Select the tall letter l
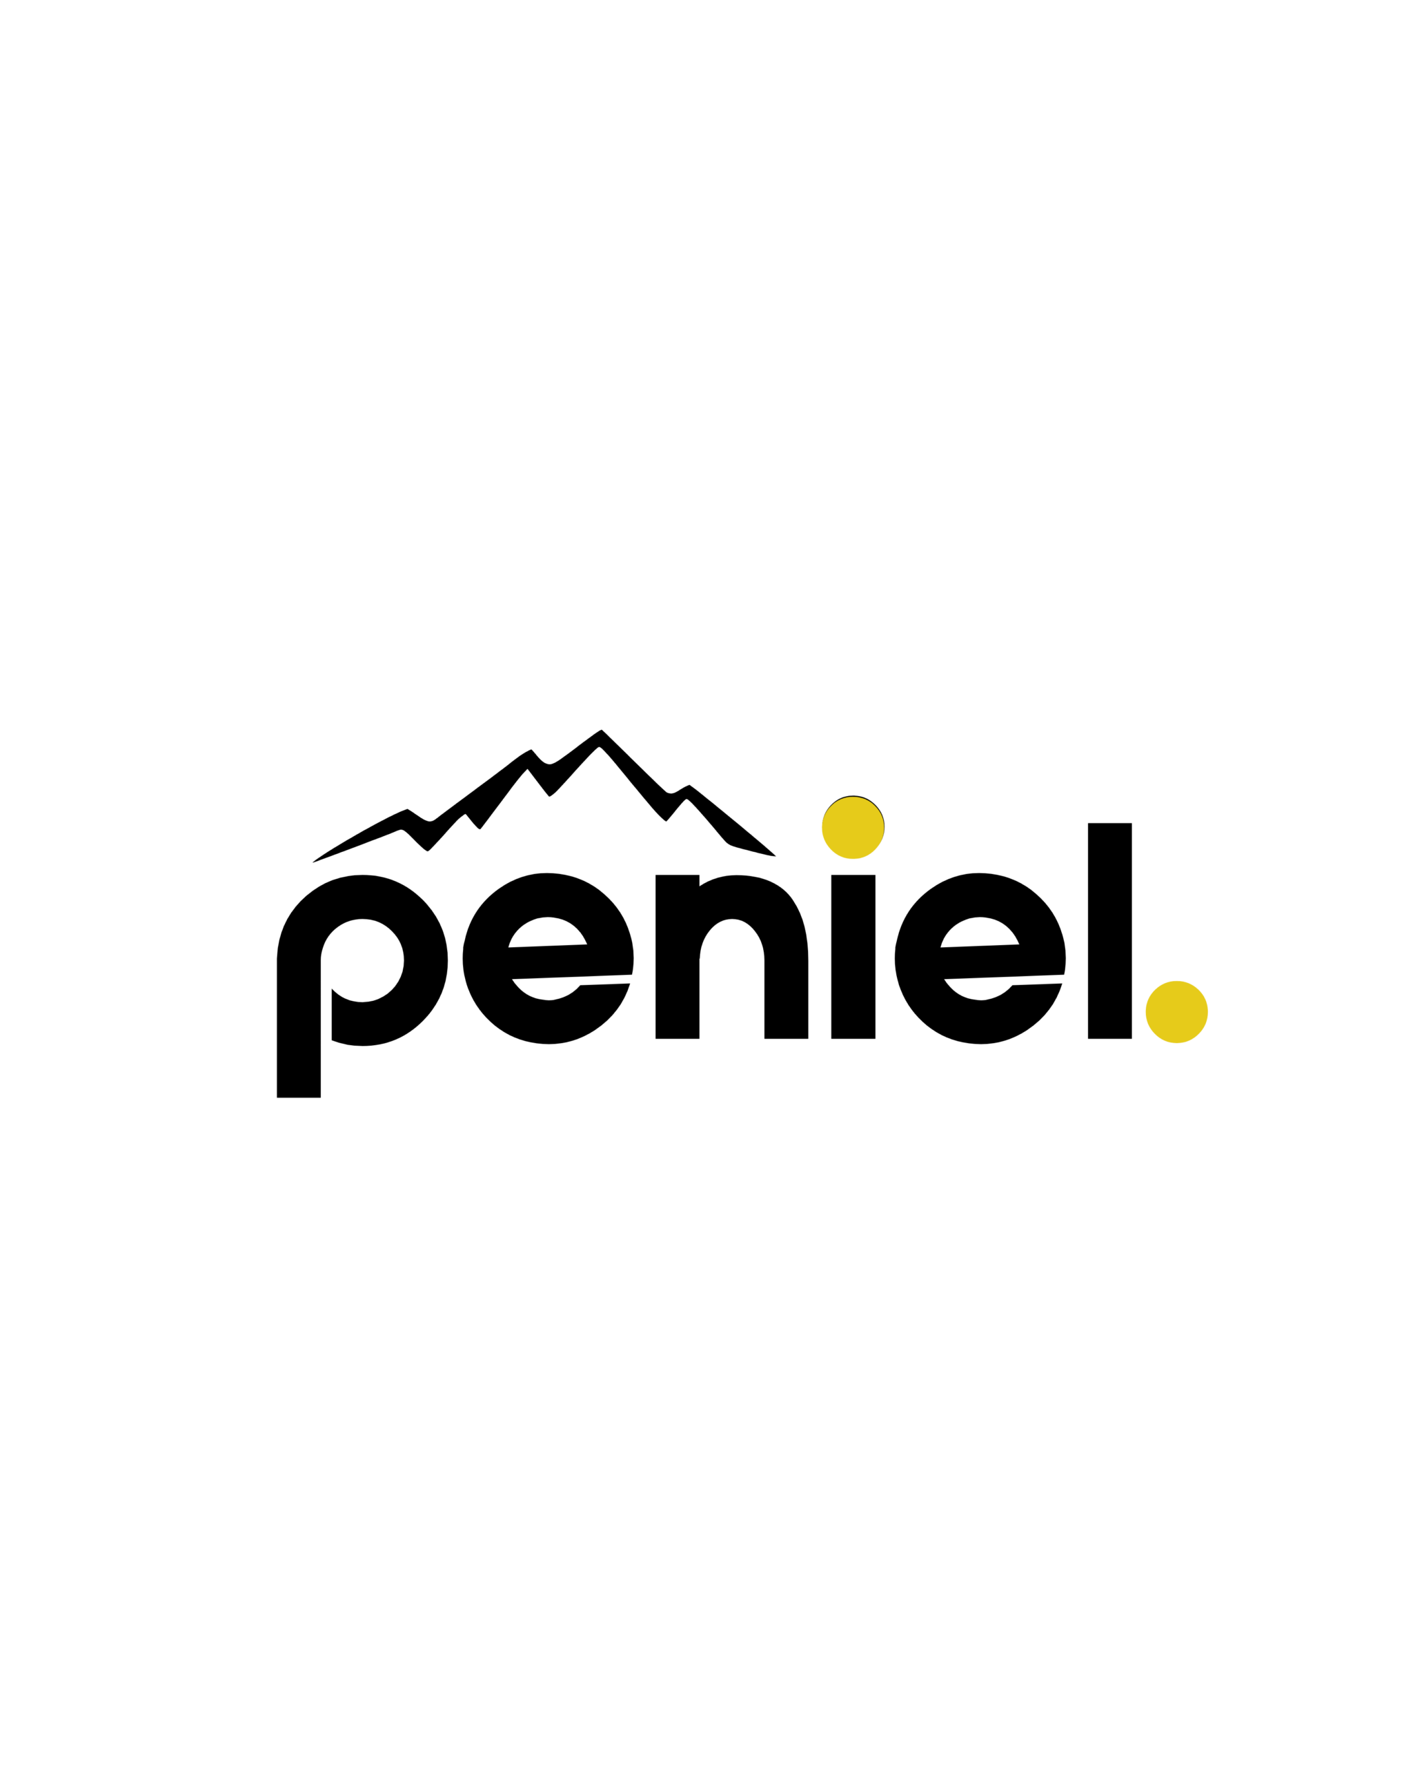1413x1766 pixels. (1109, 931)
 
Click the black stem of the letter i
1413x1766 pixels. (853, 957)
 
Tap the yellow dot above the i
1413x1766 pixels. (853, 826)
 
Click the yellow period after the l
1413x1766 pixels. (1176, 1011)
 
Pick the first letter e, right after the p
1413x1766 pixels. (548, 958)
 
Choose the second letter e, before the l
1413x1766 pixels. (980, 958)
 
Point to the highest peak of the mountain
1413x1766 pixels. (601, 730)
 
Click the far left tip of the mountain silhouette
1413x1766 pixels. (313, 862)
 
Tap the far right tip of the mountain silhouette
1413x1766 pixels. (775, 856)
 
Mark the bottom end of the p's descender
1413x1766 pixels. (298, 1097)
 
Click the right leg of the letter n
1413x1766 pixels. (787, 980)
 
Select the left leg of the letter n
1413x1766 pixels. (677, 957)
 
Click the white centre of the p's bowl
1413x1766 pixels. (362, 960)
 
